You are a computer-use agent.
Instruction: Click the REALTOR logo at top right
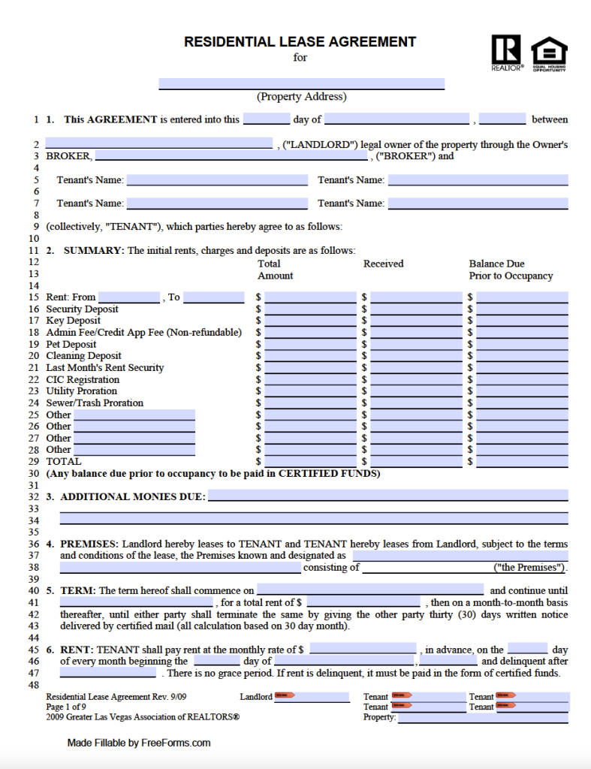[506, 52]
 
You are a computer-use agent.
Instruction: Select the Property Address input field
[301, 83]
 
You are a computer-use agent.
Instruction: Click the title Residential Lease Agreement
[300, 42]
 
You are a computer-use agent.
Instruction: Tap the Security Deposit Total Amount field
[310, 309]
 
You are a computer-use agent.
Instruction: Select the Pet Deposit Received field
[416, 345]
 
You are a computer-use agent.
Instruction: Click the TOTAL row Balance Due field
[522, 461]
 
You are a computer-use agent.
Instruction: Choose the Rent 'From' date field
[128, 297]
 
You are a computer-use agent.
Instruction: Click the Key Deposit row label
[73, 321]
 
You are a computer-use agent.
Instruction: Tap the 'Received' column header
[383, 264]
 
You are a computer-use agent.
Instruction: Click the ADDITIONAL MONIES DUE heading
[132, 496]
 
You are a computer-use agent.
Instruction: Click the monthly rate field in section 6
[363, 649]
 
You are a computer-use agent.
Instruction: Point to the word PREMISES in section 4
[89, 544]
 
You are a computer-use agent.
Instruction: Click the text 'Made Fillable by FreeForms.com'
[139, 743]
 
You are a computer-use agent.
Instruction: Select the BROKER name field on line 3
[231, 156]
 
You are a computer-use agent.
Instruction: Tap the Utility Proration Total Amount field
[310, 391]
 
